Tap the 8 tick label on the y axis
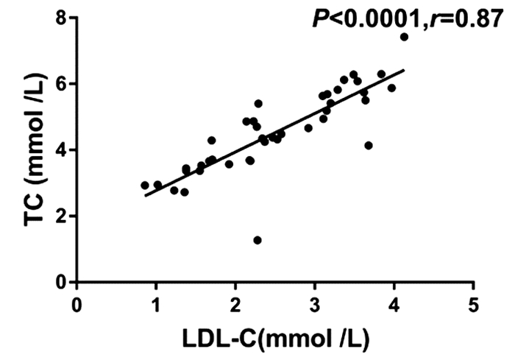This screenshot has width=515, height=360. coord(63,18)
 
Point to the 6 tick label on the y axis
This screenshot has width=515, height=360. coord(63,84)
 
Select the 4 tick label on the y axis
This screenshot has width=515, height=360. coord(63,150)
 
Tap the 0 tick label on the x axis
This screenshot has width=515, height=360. coord(77,304)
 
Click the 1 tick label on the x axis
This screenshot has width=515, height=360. coord(157,304)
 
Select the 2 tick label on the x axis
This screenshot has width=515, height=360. coord(236,304)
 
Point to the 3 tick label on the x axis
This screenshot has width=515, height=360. coord(316,304)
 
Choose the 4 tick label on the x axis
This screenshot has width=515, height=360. coord(395,304)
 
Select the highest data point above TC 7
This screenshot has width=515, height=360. coord(404,37)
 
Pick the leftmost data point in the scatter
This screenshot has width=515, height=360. coord(145,186)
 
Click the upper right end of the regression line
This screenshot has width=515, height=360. coord(404,70)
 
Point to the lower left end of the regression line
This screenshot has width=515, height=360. coord(146,196)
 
